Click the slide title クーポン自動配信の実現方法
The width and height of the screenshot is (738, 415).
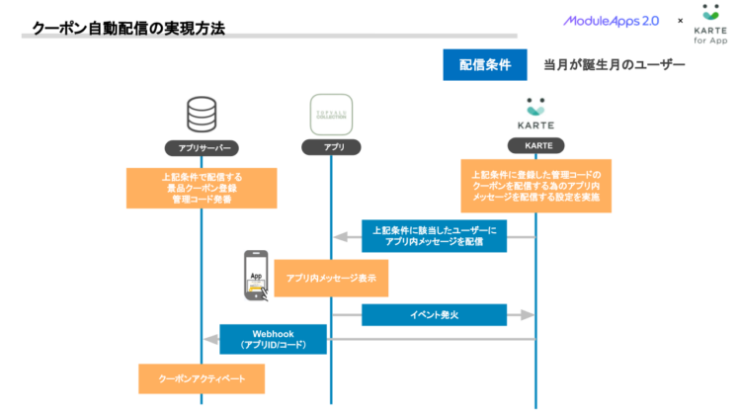click(x=128, y=29)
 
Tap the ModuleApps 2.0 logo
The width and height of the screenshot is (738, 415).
click(x=612, y=20)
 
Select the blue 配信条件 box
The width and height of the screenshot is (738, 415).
click(x=484, y=65)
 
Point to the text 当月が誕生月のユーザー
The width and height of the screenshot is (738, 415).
click(x=614, y=65)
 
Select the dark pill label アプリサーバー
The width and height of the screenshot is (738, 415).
click(x=202, y=147)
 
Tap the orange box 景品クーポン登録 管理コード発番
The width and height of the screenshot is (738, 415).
click(x=202, y=188)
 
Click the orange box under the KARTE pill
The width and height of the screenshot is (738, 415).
click(x=535, y=186)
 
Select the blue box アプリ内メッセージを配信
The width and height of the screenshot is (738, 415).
click(x=434, y=235)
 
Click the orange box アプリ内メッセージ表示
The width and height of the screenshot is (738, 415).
click(x=331, y=279)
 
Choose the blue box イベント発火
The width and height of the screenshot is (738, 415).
click(x=434, y=314)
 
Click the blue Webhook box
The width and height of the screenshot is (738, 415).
click(x=273, y=339)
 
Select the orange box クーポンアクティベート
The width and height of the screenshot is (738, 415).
click(x=202, y=377)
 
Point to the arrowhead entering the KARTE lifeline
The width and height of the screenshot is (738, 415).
click(x=526, y=314)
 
